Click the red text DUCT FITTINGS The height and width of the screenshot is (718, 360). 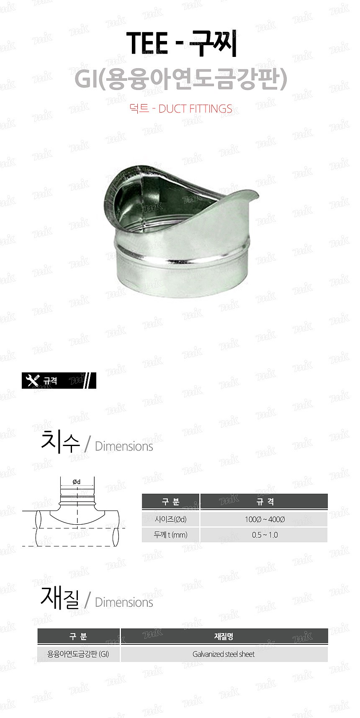pos(195,109)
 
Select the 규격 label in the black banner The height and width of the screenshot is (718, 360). pos(50,381)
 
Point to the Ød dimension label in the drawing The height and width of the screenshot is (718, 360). pos(77,482)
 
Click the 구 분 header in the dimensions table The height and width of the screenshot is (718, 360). pos(170,502)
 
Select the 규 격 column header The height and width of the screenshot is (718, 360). pos(264,502)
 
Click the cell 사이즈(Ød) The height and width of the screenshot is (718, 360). pos(170,519)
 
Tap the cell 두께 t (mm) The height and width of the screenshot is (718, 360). pos(170,535)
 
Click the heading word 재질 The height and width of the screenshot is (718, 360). pos(60,598)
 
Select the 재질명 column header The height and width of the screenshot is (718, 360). pos(224,636)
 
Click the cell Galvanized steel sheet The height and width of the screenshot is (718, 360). pos(224,654)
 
